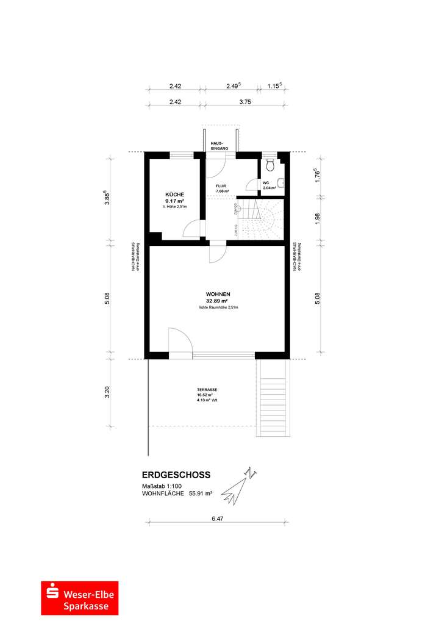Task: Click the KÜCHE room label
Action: (174, 194)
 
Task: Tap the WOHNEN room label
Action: (218, 294)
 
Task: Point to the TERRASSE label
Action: (207, 390)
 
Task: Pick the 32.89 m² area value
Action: (218, 301)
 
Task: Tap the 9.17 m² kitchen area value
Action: (174, 201)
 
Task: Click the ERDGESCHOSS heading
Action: (176, 475)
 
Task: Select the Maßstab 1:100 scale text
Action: (162, 486)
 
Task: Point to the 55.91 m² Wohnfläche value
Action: (200, 494)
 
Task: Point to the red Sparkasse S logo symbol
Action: (52, 598)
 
